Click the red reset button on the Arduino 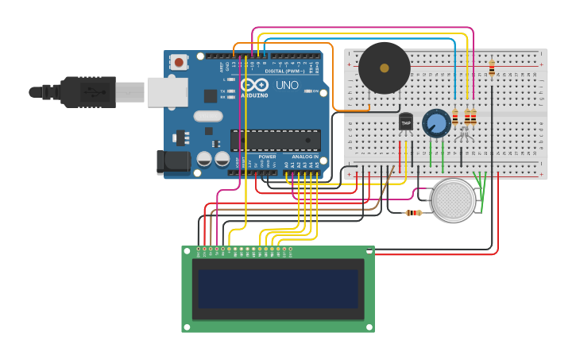179,62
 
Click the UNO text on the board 287,85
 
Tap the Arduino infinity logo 255,85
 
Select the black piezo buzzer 384,68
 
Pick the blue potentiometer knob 436,123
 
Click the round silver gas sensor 456,200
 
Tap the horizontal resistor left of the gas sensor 414,212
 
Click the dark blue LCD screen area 278,288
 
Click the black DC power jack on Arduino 173,161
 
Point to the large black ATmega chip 276,140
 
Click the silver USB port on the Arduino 166,91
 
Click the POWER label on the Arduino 267,157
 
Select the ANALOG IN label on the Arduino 305,157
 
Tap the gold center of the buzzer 385,68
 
